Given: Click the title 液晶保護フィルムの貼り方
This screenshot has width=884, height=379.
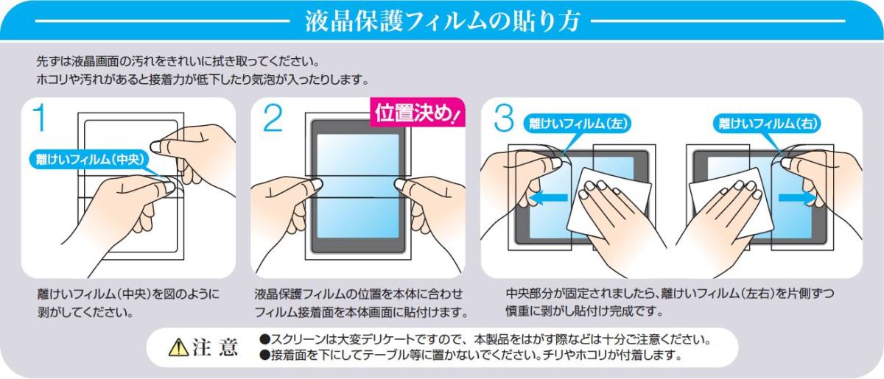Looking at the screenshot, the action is click(442, 21).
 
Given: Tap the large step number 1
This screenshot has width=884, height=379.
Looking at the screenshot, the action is click(41, 118).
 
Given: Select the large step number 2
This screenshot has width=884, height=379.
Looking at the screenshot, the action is click(273, 118).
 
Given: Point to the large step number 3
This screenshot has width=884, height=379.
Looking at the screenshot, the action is click(504, 118).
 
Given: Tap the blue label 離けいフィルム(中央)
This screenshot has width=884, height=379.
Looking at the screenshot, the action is click(90, 160).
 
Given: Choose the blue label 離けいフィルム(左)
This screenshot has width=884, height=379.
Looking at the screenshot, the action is click(578, 124).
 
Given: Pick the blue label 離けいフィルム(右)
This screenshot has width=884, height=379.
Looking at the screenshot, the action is click(767, 124).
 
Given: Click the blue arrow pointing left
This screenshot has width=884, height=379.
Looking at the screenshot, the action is click(549, 198).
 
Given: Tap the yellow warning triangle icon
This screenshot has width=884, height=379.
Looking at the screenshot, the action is click(178, 347).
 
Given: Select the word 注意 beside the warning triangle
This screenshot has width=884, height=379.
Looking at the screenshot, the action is click(215, 347).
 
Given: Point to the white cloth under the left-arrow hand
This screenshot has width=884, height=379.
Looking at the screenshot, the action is click(608, 202).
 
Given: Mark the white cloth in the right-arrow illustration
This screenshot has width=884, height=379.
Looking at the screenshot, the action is click(730, 203).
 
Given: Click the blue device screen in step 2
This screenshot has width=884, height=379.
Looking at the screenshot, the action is click(358, 186).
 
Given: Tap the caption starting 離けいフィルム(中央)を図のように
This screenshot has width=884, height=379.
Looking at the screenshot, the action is click(128, 303).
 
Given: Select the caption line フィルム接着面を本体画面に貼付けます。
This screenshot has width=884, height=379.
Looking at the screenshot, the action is click(361, 313).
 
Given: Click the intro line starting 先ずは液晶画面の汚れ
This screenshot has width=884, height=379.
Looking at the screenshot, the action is click(178, 62).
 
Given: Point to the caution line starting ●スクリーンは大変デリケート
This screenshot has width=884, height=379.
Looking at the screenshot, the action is click(485, 339).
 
